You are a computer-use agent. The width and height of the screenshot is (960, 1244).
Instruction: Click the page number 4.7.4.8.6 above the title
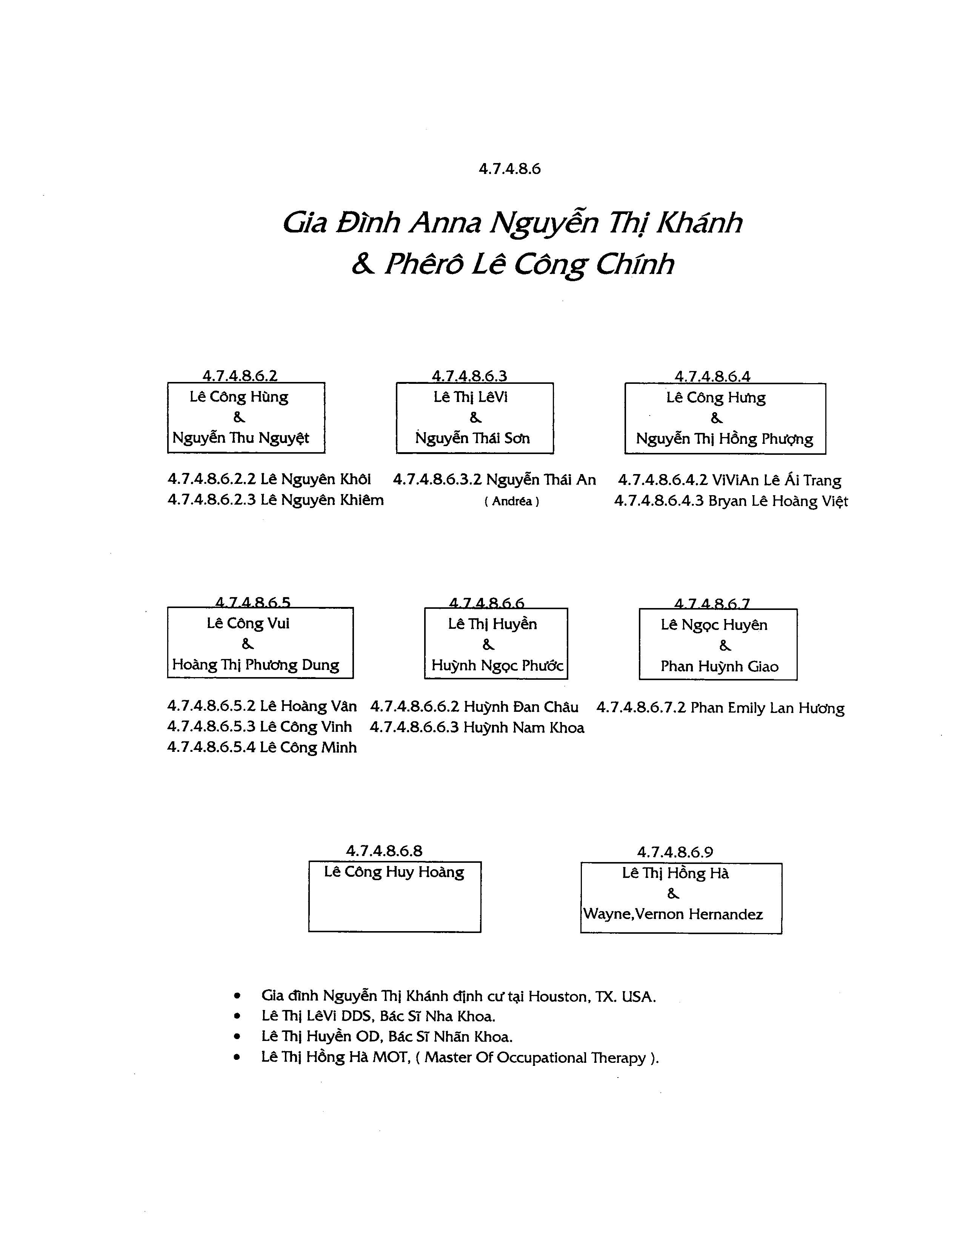(509, 169)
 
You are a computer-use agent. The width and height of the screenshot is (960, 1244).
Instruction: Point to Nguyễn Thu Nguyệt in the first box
(240, 438)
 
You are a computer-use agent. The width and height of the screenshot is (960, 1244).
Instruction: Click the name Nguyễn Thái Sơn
(472, 438)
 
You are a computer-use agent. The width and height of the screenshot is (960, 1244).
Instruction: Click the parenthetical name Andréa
(512, 501)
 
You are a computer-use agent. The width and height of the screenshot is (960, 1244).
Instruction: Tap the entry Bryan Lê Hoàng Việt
(778, 501)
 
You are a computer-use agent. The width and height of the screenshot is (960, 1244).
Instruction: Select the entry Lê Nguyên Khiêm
(322, 500)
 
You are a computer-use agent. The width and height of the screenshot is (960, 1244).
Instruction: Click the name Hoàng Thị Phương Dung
(255, 665)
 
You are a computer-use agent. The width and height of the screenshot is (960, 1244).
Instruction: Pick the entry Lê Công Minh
(308, 747)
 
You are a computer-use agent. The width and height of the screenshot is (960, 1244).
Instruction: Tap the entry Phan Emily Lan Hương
(768, 708)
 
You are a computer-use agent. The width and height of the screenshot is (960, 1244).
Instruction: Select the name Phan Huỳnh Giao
(719, 667)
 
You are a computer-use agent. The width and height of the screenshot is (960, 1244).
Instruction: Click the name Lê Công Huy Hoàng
(394, 872)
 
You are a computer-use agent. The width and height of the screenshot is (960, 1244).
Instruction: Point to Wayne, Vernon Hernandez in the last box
(672, 914)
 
